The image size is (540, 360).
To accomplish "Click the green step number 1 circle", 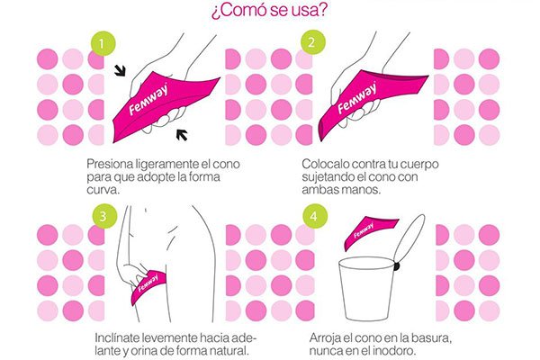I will tap(103, 42).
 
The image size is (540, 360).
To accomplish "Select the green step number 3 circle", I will tap(103, 217).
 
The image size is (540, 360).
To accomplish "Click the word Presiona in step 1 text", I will tap(112, 165).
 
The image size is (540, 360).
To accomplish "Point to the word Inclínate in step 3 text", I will tap(117, 337).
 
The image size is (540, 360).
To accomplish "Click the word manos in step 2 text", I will tap(371, 191).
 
